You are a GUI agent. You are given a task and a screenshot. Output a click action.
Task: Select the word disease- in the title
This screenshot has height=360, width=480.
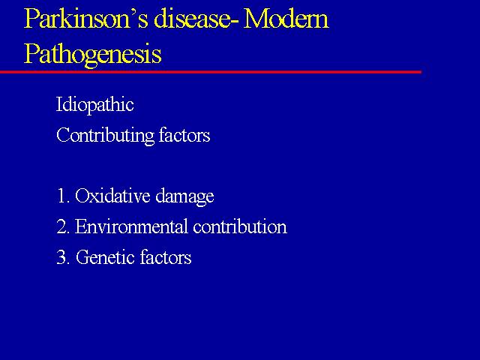pos(196,18)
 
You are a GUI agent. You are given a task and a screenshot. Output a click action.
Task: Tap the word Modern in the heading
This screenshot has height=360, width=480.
pos(286,18)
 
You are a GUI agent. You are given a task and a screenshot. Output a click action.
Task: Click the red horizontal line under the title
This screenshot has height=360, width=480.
pos(211,72)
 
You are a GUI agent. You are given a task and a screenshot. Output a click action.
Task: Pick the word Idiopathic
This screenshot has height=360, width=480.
pos(95,105)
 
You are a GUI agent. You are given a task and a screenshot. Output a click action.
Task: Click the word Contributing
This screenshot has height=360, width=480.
pos(105,135)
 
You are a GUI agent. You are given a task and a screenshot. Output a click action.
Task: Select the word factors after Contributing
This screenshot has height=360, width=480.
pos(184,135)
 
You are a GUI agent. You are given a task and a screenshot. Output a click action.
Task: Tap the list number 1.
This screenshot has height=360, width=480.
pos(62,196)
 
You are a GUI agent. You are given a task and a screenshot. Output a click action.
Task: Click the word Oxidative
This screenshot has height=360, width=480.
pos(112,195)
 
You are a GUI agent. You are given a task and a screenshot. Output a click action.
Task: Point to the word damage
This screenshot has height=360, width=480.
pos(184,196)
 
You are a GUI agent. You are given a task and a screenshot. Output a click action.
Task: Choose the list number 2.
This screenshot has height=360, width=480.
pos(63,226)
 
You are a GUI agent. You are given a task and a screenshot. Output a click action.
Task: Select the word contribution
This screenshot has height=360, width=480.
pos(240,226)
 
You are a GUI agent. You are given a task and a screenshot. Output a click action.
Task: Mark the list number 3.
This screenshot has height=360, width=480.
pos(63,257)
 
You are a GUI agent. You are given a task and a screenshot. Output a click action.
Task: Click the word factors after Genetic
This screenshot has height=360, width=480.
pos(166,257)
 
